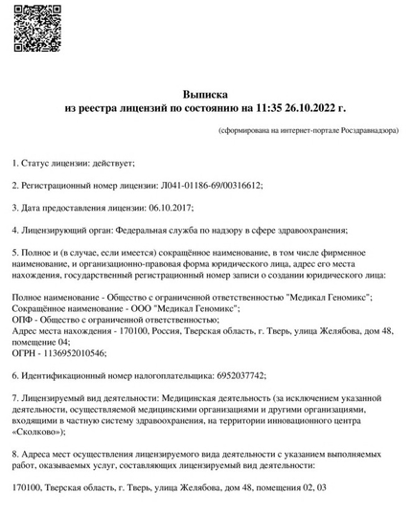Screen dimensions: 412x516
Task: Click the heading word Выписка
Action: (205, 95)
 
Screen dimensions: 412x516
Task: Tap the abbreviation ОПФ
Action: (24, 320)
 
